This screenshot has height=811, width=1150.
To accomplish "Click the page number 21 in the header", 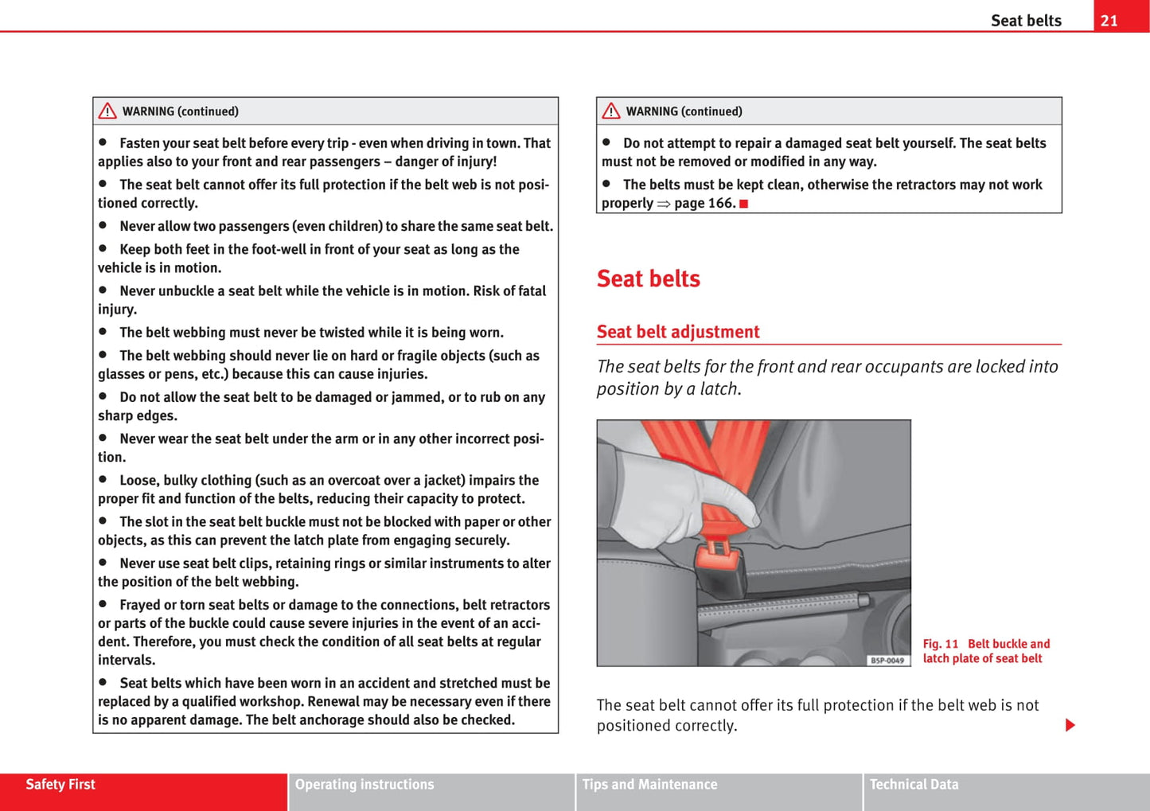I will tap(1109, 21).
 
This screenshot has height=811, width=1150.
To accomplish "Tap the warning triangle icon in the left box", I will tap(107, 111).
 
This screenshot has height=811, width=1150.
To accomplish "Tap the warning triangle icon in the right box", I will tap(611, 111).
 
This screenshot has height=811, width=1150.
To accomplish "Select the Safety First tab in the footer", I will tap(60, 785).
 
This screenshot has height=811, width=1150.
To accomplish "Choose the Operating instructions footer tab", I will tap(364, 785).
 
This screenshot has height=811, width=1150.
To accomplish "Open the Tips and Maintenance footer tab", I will tap(649, 785).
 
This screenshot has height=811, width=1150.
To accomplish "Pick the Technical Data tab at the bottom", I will tap(914, 785).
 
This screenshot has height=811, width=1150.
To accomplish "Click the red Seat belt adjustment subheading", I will tap(678, 332).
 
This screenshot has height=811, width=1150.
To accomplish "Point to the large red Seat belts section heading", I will tap(649, 279).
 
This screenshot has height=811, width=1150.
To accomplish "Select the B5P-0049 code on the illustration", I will tap(887, 660).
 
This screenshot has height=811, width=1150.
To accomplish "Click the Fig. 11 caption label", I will tap(941, 644).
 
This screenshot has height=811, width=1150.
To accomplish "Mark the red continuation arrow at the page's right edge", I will tap(1070, 725).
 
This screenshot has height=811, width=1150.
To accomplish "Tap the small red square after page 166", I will tap(743, 204).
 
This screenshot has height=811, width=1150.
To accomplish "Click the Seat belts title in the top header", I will tap(1026, 21).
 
